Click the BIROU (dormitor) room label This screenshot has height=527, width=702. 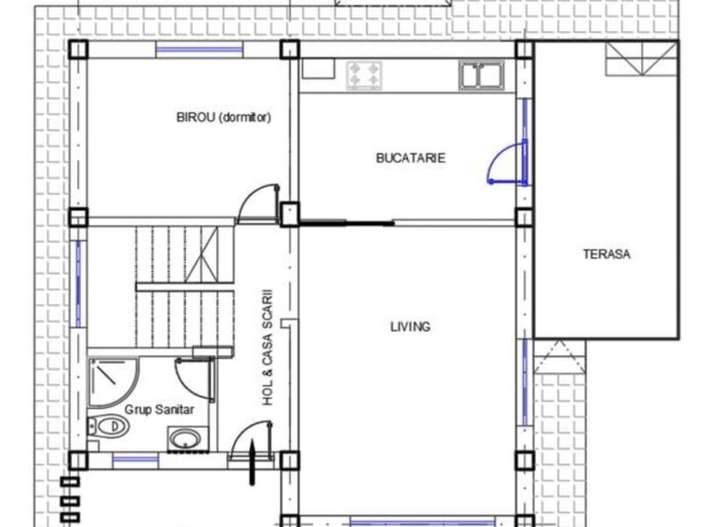click(x=224, y=118)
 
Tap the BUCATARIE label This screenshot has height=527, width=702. click(x=411, y=158)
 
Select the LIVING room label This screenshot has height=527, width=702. click(x=411, y=327)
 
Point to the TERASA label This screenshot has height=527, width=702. click(x=606, y=254)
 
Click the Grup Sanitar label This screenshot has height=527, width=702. click(x=159, y=409)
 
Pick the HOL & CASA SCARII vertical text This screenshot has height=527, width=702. click(x=268, y=347)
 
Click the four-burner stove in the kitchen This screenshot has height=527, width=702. click(x=364, y=75)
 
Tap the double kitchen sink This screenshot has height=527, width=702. click(x=481, y=76)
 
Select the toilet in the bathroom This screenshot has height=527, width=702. click(x=108, y=426)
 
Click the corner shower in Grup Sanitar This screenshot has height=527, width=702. click(x=113, y=382)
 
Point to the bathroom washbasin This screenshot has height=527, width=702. click(x=188, y=438)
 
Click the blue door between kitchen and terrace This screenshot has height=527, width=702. click(x=509, y=162)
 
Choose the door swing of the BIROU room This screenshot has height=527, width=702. click(x=258, y=204)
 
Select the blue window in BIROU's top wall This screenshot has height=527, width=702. click(x=199, y=49)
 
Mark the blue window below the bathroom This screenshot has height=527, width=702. click(x=135, y=460)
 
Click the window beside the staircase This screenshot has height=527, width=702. click(x=78, y=284)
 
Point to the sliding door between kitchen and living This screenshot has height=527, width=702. click(x=347, y=222)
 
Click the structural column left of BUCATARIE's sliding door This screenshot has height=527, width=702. click(x=290, y=214)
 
